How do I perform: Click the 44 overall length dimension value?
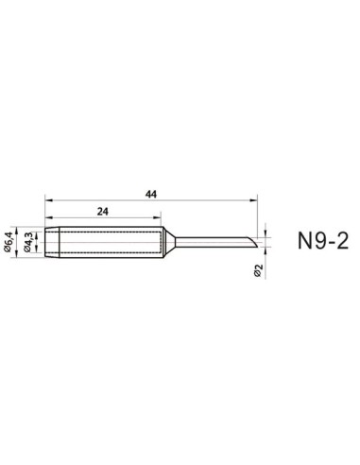coord(151,193)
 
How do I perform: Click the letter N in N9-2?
coord(293,245)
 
